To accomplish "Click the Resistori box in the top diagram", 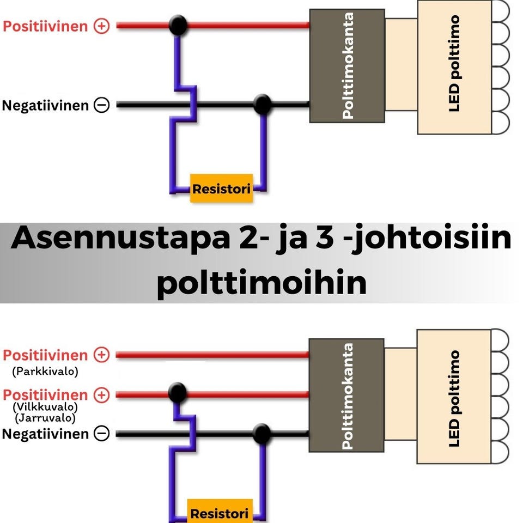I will [x=221, y=189].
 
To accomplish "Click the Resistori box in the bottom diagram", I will [x=220, y=513].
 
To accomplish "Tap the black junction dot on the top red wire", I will [x=178, y=25].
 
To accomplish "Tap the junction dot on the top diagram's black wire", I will [x=263, y=105].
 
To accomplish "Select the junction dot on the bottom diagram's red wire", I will [x=177, y=392].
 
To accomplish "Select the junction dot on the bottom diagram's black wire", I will [x=262, y=434].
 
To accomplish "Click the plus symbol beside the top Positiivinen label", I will [x=102, y=26].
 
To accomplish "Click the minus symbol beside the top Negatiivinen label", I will [x=101, y=105].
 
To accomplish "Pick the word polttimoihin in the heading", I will [x=261, y=284].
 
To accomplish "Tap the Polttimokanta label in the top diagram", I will [x=348, y=65].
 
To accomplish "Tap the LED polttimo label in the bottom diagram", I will [x=454, y=398].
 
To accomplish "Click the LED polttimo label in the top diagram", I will [x=454, y=63].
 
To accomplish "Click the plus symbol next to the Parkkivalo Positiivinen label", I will [x=102, y=355].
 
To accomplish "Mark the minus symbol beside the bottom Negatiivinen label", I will [x=101, y=434].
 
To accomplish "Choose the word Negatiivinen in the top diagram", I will [x=45, y=105].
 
